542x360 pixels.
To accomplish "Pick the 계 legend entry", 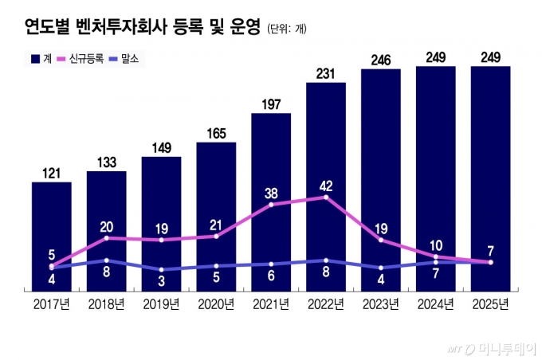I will tap(42, 59).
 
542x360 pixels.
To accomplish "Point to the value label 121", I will tap(52, 172).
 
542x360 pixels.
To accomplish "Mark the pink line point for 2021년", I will tap(271, 205).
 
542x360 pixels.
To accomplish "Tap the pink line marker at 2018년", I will tap(106, 238).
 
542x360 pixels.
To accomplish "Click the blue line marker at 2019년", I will tap(161, 270).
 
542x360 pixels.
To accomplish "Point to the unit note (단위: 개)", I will tap(287, 29).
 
